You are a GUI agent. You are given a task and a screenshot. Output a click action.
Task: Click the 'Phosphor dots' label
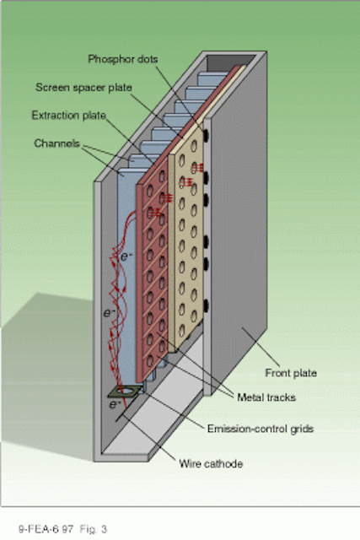coord(123,59)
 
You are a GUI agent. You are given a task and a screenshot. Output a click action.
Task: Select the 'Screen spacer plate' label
coord(83,88)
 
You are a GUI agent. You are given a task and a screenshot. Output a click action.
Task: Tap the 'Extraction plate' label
coord(68,116)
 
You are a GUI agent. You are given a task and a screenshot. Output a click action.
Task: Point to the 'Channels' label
coord(56,143)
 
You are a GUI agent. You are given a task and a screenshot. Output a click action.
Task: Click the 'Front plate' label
coord(291,373)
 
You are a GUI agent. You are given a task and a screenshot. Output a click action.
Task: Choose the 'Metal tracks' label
coord(266,397)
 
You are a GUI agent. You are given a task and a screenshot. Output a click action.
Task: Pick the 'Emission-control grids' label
coord(261,429)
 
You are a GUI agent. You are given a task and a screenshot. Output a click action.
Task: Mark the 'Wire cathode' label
coord(211,463)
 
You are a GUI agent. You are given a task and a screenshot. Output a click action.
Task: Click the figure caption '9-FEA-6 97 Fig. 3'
coord(62,529)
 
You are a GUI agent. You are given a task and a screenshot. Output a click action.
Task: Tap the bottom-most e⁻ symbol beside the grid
coord(113,404)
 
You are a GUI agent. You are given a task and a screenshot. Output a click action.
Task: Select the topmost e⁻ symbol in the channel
coord(126,256)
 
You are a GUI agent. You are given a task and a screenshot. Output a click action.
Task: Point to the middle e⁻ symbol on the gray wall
coord(109,313)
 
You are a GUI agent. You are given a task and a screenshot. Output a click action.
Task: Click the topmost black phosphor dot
coord(207,135)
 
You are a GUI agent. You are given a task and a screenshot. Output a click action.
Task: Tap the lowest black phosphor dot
coord(207,305)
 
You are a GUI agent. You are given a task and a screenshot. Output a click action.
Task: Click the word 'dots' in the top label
coord(148,59)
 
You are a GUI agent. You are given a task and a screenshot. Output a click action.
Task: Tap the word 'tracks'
coord(281,397)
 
